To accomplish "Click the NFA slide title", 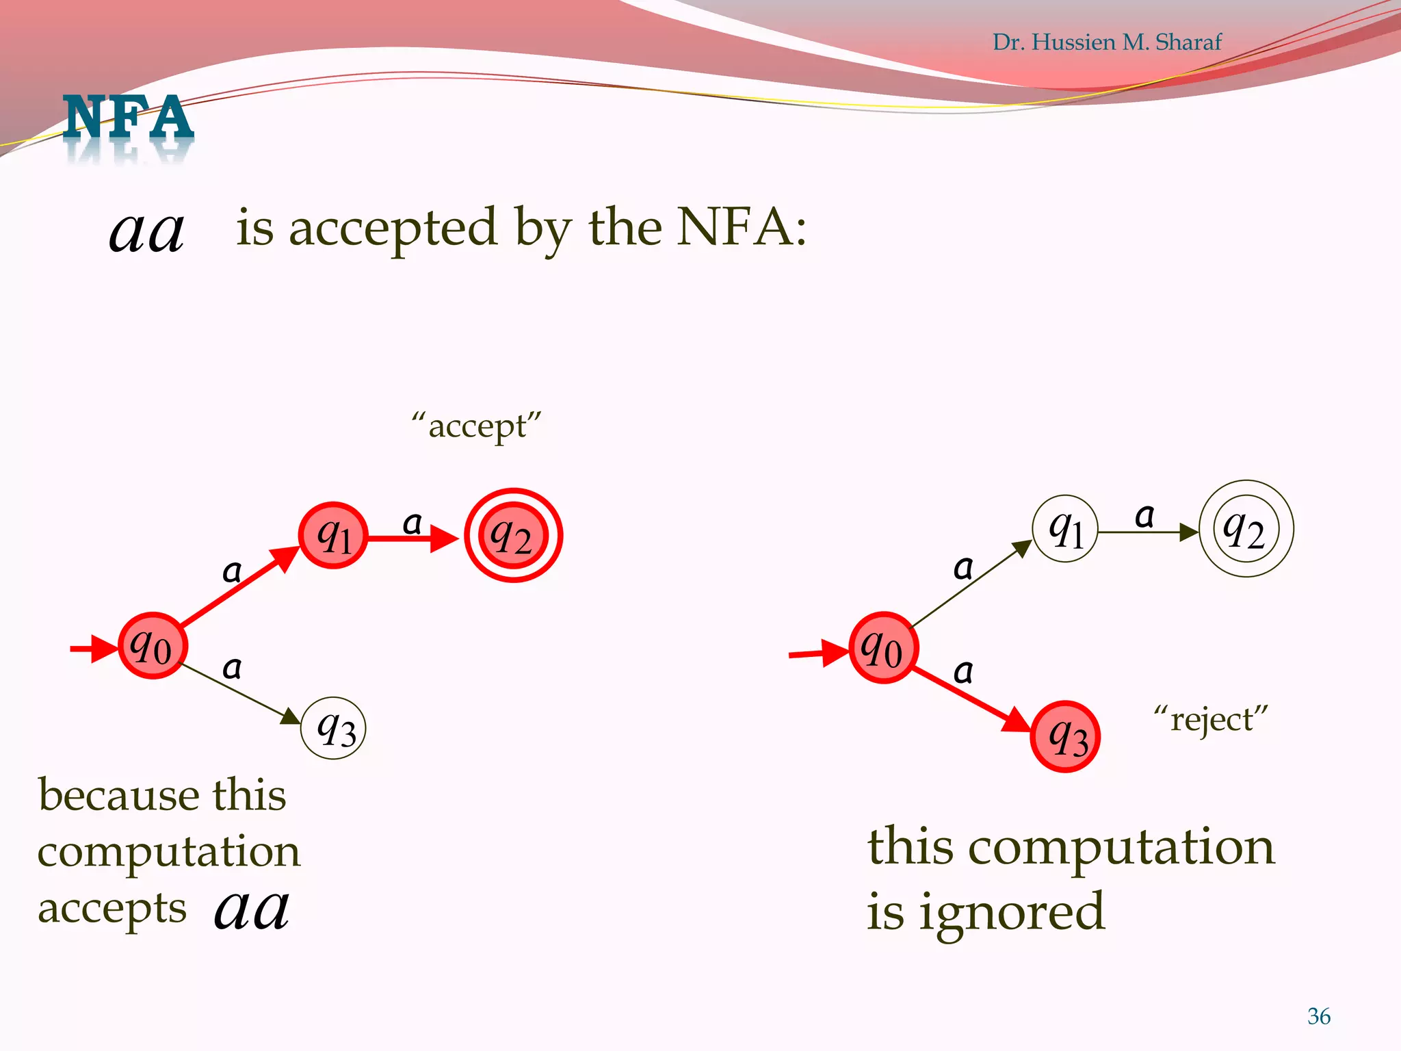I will point(128,118).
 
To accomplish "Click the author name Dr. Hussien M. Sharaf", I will point(1106,42).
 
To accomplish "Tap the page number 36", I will point(1318,1016).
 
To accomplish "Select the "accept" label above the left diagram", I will point(477,426).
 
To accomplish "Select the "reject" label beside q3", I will point(1210,720).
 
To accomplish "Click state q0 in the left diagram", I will point(153,645).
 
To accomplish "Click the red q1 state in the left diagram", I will point(333,535).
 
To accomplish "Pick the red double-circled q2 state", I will point(513,535).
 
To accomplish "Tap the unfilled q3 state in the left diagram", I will point(334,728).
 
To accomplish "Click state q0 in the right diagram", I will point(883,647).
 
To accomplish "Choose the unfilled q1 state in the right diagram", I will point(1065,529).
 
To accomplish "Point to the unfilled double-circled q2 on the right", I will point(1246,529).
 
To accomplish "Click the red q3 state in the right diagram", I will point(1065,737).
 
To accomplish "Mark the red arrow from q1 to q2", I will point(410,539).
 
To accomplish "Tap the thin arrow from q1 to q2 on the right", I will point(1146,532).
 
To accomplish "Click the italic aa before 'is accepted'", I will point(146,231).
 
